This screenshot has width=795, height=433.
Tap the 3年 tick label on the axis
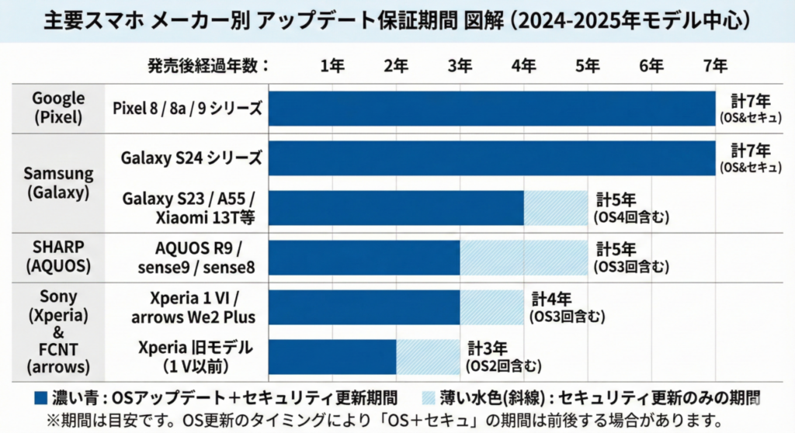click(x=460, y=66)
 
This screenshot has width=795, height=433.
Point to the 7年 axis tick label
click(x=715, y=66)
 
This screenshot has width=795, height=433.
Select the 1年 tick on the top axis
click(x=332, y=66)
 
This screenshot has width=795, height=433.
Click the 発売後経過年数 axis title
click(x=207, y=66)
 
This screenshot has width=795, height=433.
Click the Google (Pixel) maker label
click(x=58, y=108)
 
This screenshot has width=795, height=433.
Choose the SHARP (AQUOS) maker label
click(x=58, y=257)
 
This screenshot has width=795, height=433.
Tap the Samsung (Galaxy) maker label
click(x=58, y=182)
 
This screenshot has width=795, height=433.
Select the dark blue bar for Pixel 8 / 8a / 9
click(x=491, y=108)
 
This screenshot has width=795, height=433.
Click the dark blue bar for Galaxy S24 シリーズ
click(x=491, y=158)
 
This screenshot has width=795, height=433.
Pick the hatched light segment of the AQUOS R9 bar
click(x=523, y=257)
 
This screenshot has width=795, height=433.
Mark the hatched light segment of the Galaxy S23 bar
click(x=555, y=207)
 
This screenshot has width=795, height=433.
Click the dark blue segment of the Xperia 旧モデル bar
click(x=332, y=356)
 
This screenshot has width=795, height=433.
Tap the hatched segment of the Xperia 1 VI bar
click(x=491, y=307)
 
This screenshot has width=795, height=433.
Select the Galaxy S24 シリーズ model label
click(x=191, y=158)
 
